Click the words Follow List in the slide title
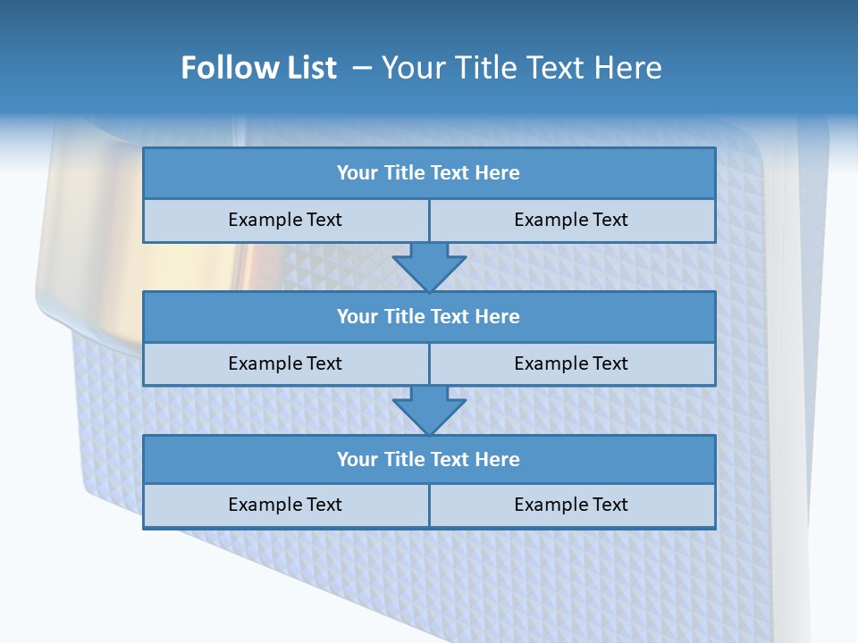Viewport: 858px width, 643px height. (258, 68)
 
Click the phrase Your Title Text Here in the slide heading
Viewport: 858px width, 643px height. (521, 68)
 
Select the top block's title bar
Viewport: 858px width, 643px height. (428, 173)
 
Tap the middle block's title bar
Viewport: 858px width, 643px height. (428, 316)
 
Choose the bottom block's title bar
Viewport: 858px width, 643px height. (428, 459)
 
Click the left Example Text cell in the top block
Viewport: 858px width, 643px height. (285, 220)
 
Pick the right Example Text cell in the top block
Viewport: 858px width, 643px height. (571, 220)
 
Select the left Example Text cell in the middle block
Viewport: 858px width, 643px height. (285, 363)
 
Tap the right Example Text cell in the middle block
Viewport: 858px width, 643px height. (571, 363)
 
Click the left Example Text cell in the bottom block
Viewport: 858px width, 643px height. (285, 505)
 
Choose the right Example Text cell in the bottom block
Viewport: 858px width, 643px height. (571, 505)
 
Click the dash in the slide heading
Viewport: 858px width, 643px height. (361, 68)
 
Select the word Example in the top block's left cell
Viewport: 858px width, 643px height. (265, 220)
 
